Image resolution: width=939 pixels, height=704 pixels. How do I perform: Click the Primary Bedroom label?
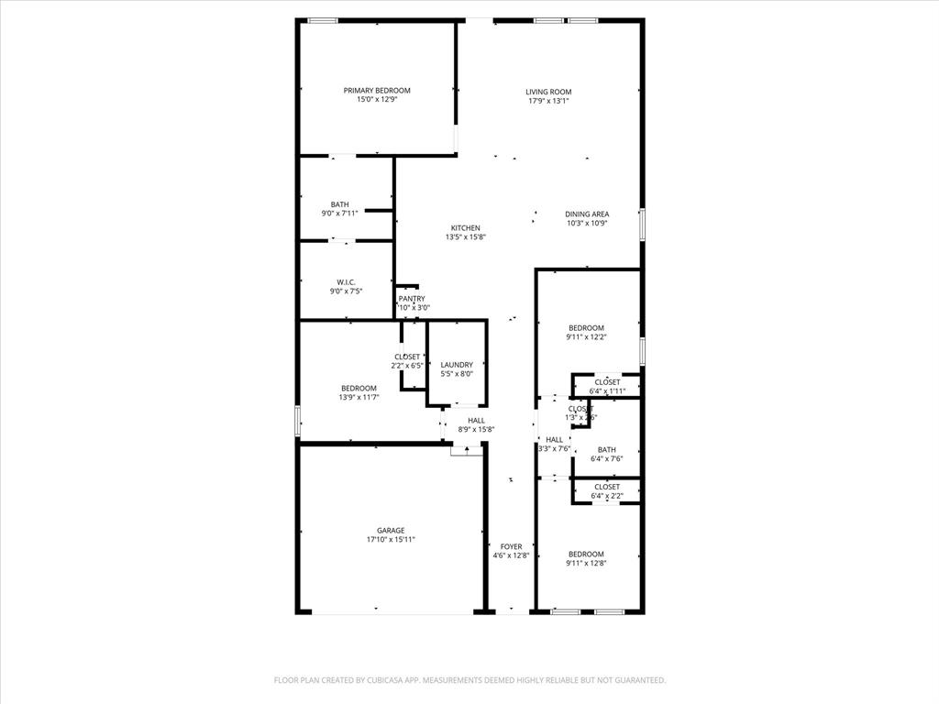pos(377,91)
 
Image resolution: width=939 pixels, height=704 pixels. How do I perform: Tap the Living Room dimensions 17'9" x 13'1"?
pos(548,101)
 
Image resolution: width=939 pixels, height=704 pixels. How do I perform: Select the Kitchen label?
pos(465,228)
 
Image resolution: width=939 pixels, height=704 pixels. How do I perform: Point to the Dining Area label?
pos(587,214)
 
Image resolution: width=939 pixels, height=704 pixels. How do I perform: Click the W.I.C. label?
pos(346,282)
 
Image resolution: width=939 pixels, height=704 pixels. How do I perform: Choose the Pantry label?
pos(412,299)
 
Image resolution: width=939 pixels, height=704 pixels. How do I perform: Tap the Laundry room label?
pos(457,365)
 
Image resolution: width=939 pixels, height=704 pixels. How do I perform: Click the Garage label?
pos(391,531)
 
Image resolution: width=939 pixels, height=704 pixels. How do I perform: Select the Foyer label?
pos(511,547)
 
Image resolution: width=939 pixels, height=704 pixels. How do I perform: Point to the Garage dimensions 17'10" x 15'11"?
pos(391,540)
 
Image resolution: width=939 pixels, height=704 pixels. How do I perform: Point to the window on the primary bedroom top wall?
pos(322,20)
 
